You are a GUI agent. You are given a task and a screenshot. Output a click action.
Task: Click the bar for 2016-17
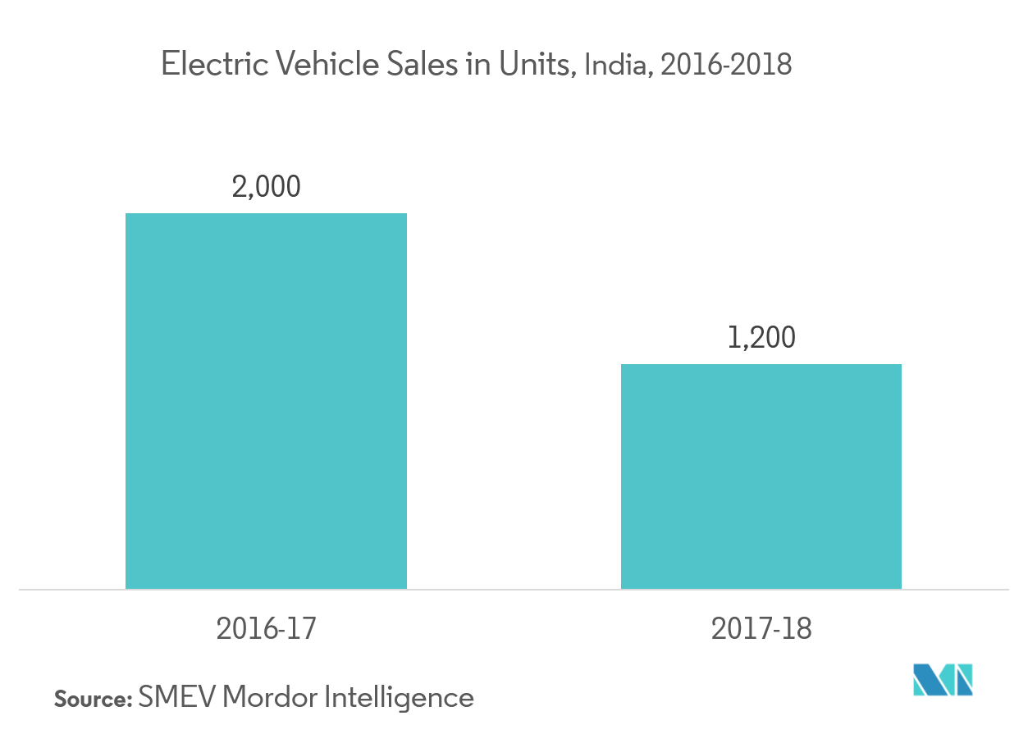tap(266, 401)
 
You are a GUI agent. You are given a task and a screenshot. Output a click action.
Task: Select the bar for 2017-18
tap(761, 476)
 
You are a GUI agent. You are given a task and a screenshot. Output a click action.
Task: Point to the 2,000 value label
tap(267, 187)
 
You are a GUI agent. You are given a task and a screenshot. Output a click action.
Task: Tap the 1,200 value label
tap(761, 338)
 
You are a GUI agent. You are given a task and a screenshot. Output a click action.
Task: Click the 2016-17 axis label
tap(267, 629)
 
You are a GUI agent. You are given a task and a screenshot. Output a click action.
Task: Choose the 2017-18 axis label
tap(761, 629)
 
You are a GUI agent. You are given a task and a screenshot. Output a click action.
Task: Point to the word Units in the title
tap(532, 64)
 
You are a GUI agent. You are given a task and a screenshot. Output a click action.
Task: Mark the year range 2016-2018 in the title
tap(726, 65)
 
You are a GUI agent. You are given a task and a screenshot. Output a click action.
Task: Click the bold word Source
tap(92, 700)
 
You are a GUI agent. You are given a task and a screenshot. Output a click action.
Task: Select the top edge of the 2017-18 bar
tap(761, 365)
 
